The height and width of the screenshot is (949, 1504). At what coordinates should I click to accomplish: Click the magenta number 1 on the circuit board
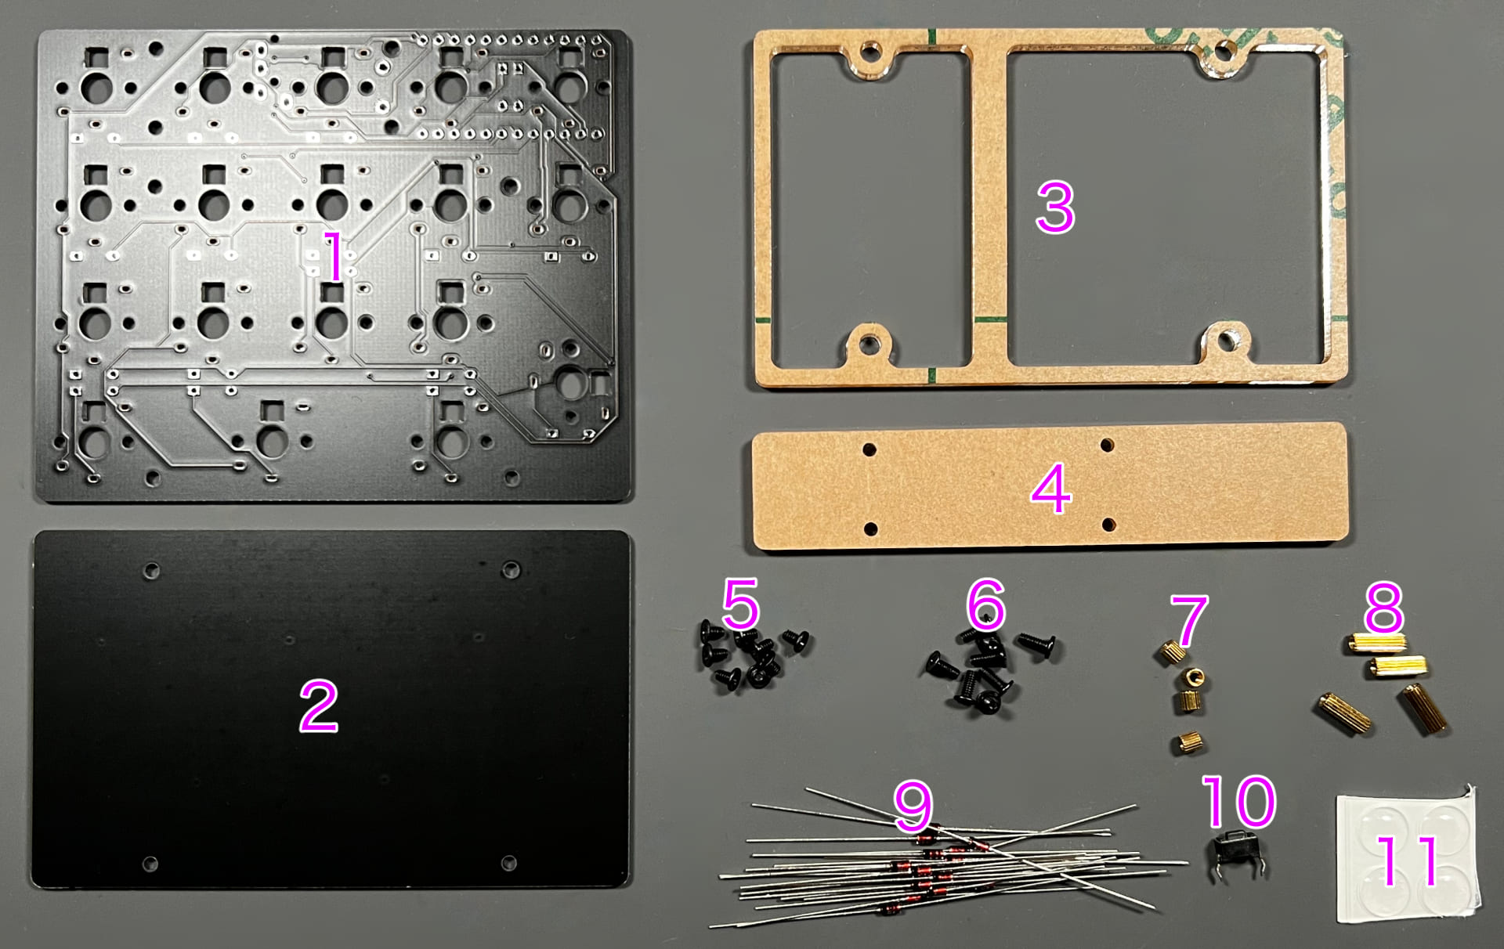click(x=334, y=256)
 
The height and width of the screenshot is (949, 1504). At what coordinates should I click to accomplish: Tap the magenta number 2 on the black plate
click(x=319, y=705)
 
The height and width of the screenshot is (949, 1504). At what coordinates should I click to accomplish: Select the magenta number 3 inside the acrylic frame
click(x=1055, y=207)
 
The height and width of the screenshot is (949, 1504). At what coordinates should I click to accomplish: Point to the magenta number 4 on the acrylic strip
click(x=1050, y=488)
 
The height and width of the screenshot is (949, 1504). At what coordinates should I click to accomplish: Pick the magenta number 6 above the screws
click(x=985, y=604)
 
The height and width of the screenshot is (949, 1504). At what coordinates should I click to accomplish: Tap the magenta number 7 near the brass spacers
click(x=1189, y=620)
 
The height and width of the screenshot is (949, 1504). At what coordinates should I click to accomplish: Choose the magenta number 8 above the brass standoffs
click(x=1383, y=607)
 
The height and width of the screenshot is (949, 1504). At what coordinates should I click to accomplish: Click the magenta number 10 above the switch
click(x=1238, y=801)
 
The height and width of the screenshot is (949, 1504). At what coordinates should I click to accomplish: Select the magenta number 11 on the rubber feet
click(x=1408, y=860)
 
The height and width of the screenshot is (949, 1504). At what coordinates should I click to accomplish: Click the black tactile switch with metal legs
click(x=1238, y=855)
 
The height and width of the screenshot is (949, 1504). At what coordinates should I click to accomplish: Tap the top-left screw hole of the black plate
click(x=151, y=571)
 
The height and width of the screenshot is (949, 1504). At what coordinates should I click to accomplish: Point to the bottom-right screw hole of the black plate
click(x=508, y=863)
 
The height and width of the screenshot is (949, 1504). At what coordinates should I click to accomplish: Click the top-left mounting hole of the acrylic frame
click(x=869, y=53)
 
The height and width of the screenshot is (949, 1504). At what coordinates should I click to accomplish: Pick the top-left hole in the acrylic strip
click(x=869, y=449)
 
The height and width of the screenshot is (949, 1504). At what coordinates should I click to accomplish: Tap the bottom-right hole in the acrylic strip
click(x=1108, y=525)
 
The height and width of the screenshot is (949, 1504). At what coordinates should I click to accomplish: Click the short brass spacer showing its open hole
click(x=1195, y=677)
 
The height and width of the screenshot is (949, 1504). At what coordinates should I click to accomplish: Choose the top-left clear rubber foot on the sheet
click(x=1383, y=826)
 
